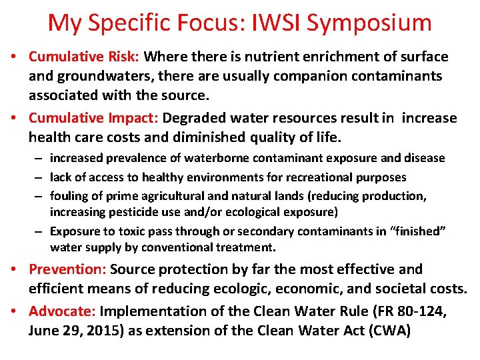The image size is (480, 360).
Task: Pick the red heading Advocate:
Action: pyautogui.click(x=62, y=311)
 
